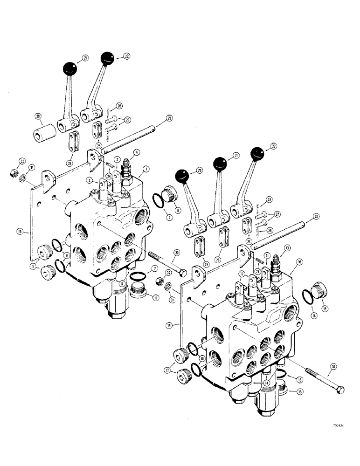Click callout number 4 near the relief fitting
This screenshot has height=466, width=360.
point(137,152)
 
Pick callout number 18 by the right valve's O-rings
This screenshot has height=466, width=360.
point(202,358)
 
